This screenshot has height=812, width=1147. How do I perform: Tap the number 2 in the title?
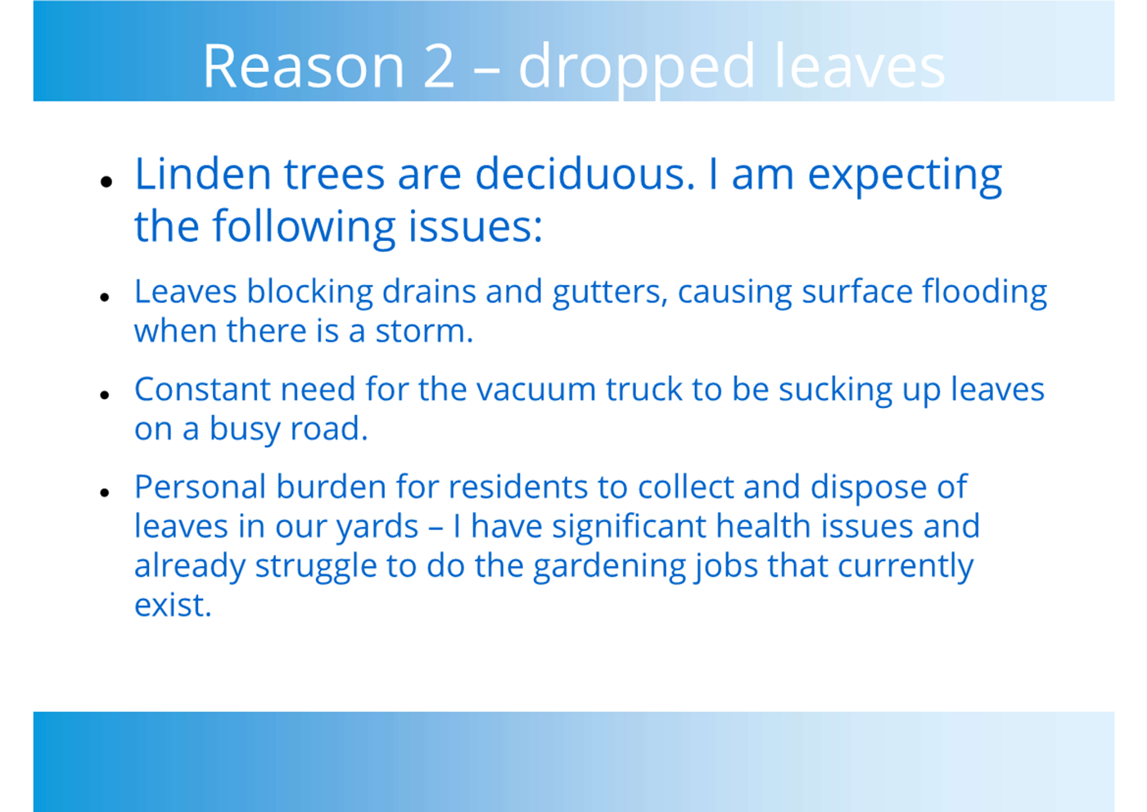pyautogui.click(x=440, y=66)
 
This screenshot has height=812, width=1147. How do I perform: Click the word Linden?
pyautogui.click(x=203, y=174)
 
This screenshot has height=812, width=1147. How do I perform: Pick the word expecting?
pyautogui.click(x=905, y=177)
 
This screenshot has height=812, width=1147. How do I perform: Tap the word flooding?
pyautogui.click(x=985, y=293)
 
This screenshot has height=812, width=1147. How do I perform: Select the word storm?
pyautogui.click(x=424, y=331)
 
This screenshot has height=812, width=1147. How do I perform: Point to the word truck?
pyautogui.click(x=644, y=388)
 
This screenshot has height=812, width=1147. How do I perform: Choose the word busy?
pyautogui.click(x=245, y=429)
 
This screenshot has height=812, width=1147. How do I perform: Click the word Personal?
pyautogui.click(x=201, y=486)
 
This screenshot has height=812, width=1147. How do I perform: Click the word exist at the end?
pyautogui.click(x=173, y=605)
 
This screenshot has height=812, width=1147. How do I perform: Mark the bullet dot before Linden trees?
pyautogui.click(x=106, y=181)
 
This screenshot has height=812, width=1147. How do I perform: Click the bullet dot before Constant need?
pyautogui.click(x=106, y=394)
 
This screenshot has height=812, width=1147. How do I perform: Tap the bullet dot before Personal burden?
pyautogui.click(x=106, y=492)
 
